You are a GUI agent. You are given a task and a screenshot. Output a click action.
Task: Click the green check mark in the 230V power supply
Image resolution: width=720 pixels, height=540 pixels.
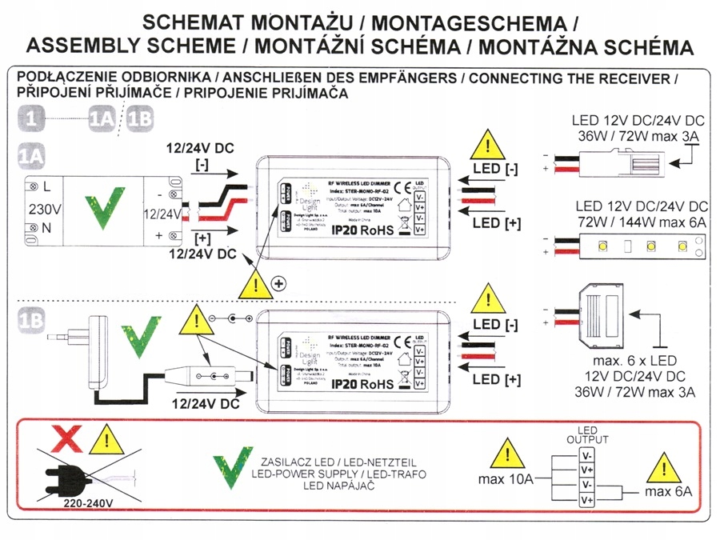pyautogui.click(x=104, y=207)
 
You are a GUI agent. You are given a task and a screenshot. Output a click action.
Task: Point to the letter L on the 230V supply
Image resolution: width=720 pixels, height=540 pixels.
pyautogui.click(x=49, y=186)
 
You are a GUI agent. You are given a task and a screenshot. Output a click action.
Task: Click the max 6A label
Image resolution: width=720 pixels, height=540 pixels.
pyautogui.click(x=668, y=490)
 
